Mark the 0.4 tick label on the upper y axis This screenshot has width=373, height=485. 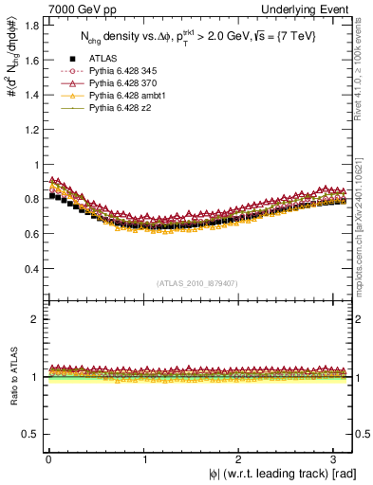pyautogui.click(x=28, y=268)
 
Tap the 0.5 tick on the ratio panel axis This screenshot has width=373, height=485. pyautogui.click(x=28, y=434)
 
